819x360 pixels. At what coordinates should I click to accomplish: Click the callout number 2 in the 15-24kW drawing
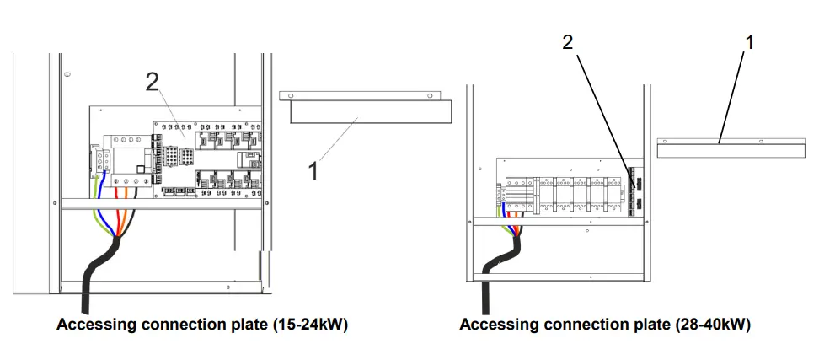pyautogui.click(x=152, y=82)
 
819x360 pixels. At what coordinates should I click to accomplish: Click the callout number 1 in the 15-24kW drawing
pyautogui.click(x=313, y=171)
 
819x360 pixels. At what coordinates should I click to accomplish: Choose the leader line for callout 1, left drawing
pyautogui.click(x=337, y=143)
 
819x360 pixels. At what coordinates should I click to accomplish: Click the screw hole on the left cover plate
pyautogui.click(x=432, y=97)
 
